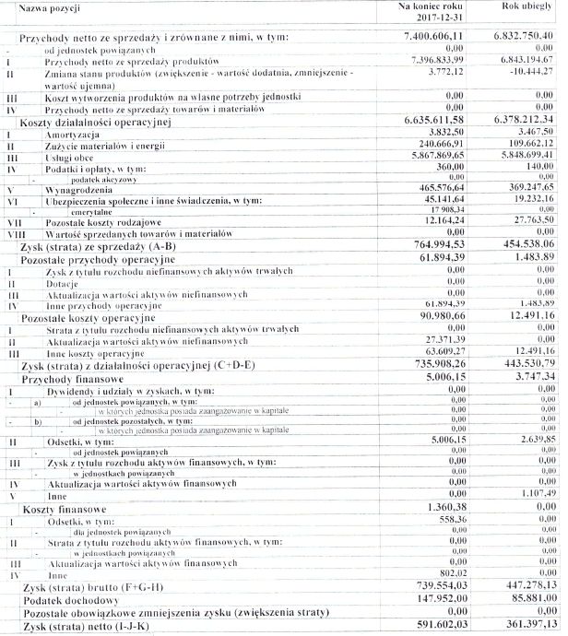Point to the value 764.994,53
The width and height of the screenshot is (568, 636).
point(455,243)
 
